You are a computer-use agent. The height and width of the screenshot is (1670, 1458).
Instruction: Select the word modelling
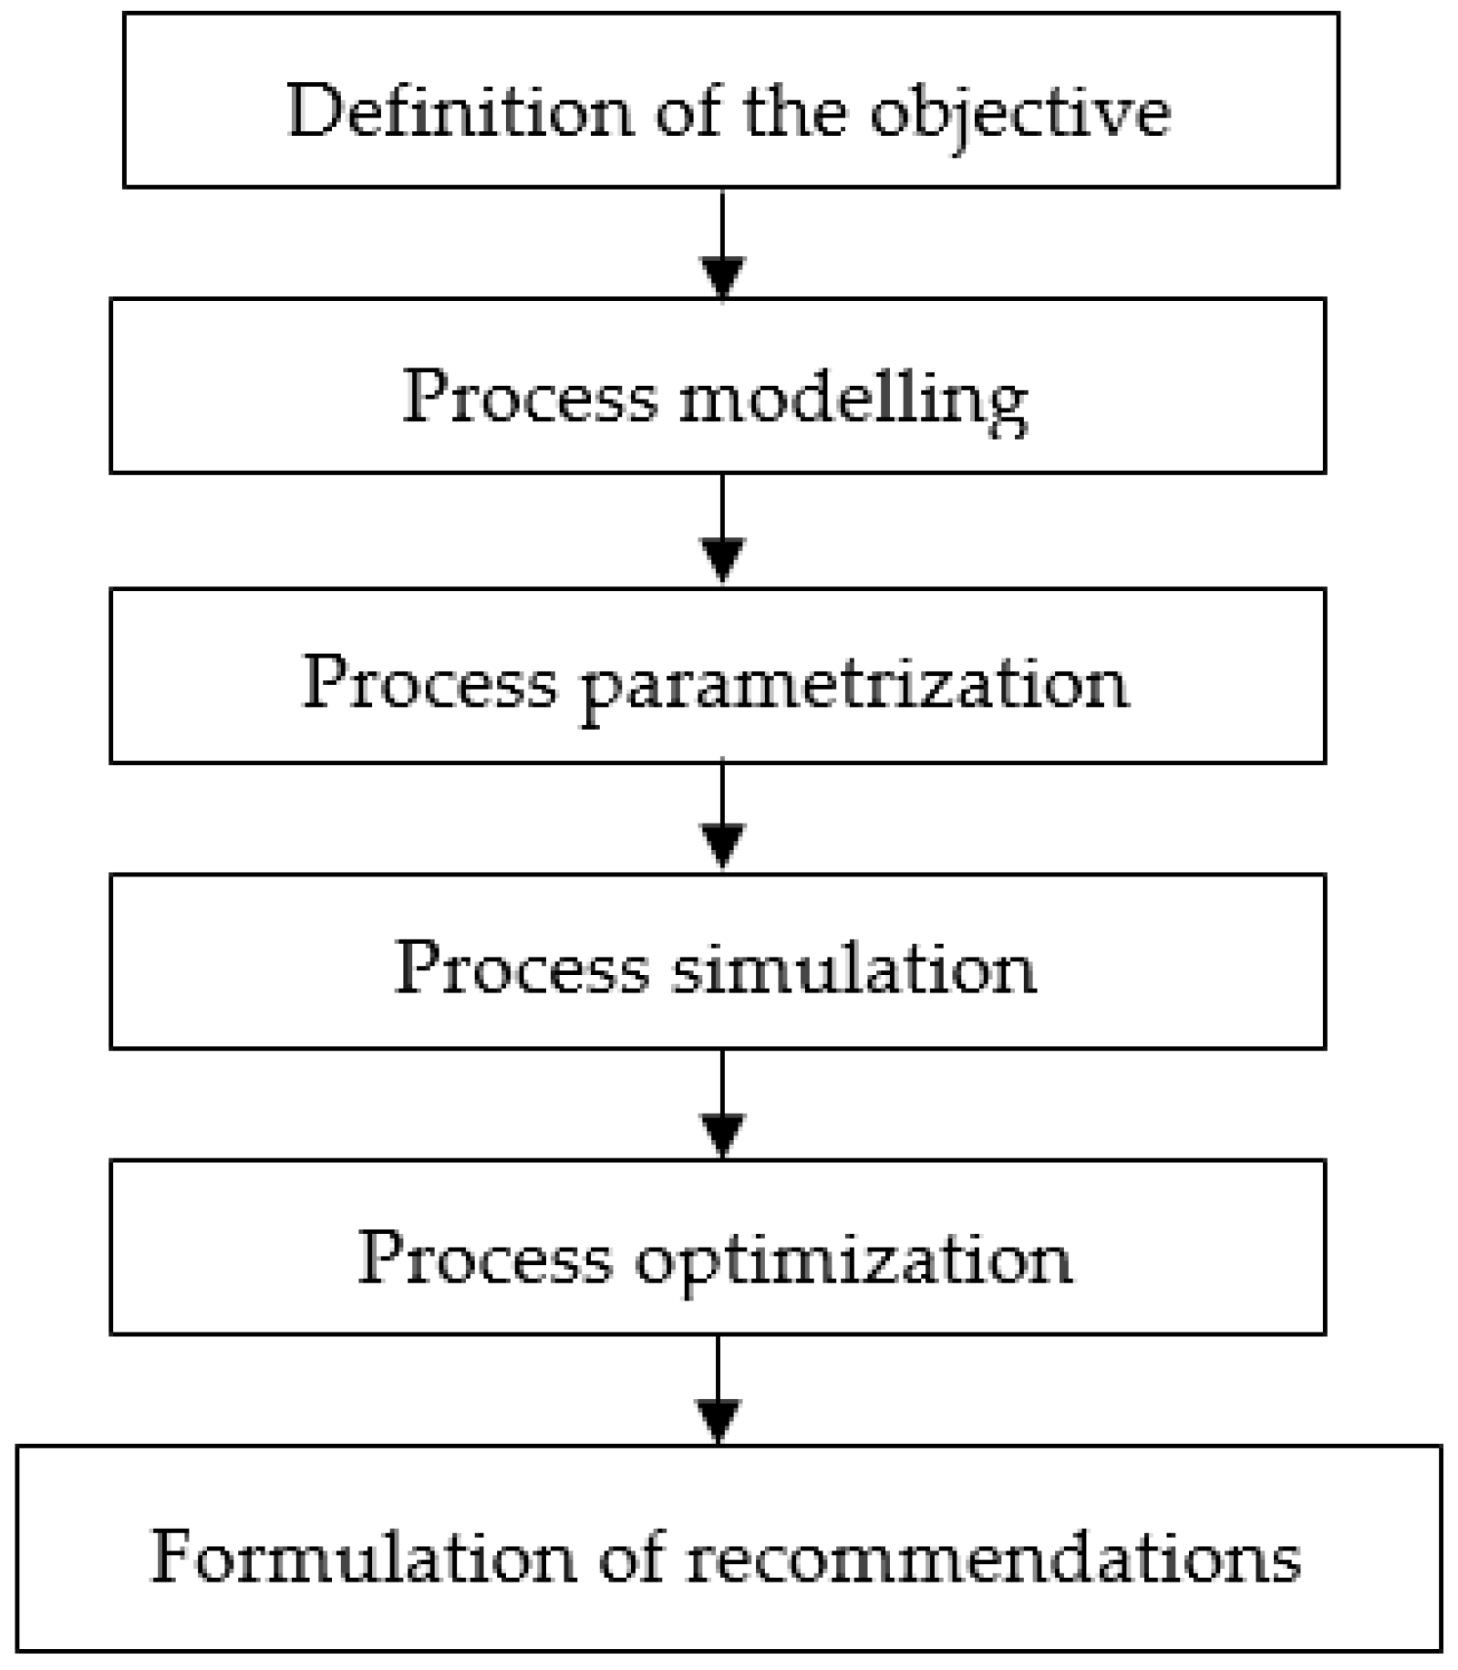tap(853, 399)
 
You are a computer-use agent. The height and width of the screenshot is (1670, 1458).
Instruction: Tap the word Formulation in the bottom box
tap(362, 1556)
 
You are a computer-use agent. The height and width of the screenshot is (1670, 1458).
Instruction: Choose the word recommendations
tap(993, 1556)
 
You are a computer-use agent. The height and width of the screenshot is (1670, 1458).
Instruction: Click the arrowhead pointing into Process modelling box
tap(722, 276)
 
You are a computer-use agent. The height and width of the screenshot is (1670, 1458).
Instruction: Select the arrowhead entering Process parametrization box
tap(722, 558)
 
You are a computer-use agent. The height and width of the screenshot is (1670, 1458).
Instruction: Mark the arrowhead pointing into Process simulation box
tap(722, 844)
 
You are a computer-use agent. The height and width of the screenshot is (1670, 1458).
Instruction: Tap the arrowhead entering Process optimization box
tap(722, 1133)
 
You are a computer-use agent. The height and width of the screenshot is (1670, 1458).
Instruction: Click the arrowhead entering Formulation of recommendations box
tap(719, 1418)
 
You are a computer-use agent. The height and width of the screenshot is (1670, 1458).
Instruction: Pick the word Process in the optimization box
tap(484, 1258)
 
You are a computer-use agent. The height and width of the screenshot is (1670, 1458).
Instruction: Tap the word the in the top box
tap(793, 110)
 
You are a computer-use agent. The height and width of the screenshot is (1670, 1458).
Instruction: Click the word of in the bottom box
tap(630, 1556)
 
